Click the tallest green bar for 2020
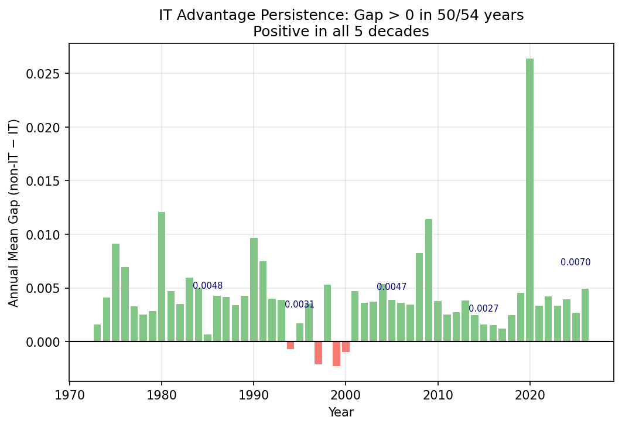click(529, 199)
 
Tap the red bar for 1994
click(291, 345)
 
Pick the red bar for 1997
click(318, 353)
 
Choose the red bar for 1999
click(336, 354)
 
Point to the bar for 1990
click(254, 289)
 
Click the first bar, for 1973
click(97, 333)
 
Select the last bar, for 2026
click(585, 315)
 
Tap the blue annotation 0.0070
click(575, 262)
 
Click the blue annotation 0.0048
click(208, 286)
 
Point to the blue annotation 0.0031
click(299, 305)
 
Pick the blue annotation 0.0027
click(484, 309)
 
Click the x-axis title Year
click(341, 412)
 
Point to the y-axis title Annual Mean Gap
click(14, 212)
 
